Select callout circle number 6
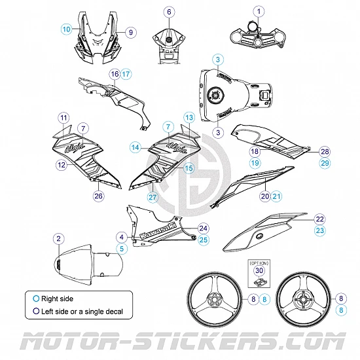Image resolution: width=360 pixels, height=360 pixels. (168, 12)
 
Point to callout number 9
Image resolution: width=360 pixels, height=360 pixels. (130, 31)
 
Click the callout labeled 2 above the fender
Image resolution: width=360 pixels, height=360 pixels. (59, 240)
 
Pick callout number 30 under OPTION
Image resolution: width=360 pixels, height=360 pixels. (259, 270)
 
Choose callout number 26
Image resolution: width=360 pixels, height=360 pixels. (98, 195)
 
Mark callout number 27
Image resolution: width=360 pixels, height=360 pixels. (153, 196)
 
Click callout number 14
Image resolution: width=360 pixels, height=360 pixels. (135, 148)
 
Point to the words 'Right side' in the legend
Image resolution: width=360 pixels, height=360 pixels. (58, 298)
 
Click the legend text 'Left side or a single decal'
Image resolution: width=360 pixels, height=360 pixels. (82, 311)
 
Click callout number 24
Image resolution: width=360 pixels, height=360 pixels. (204, 228)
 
